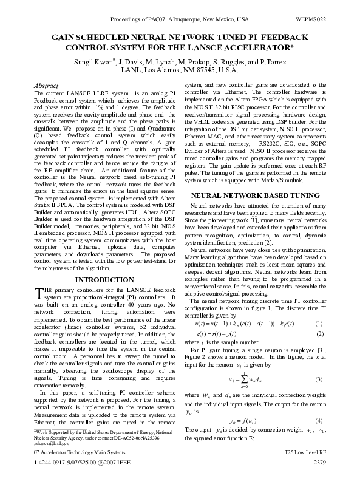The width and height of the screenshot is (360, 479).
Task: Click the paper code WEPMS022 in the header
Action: [x=311, y=19]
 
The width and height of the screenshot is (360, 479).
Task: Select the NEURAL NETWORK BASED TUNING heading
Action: [x=255, y=196]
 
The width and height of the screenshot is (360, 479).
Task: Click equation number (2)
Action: [x=319, y=333]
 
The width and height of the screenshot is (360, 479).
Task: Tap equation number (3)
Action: [x=319, y=379]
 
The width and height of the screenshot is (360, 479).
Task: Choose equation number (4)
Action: [x=319, y=420]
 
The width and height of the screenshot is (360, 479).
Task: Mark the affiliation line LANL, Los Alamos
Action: [x=179, y=71]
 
